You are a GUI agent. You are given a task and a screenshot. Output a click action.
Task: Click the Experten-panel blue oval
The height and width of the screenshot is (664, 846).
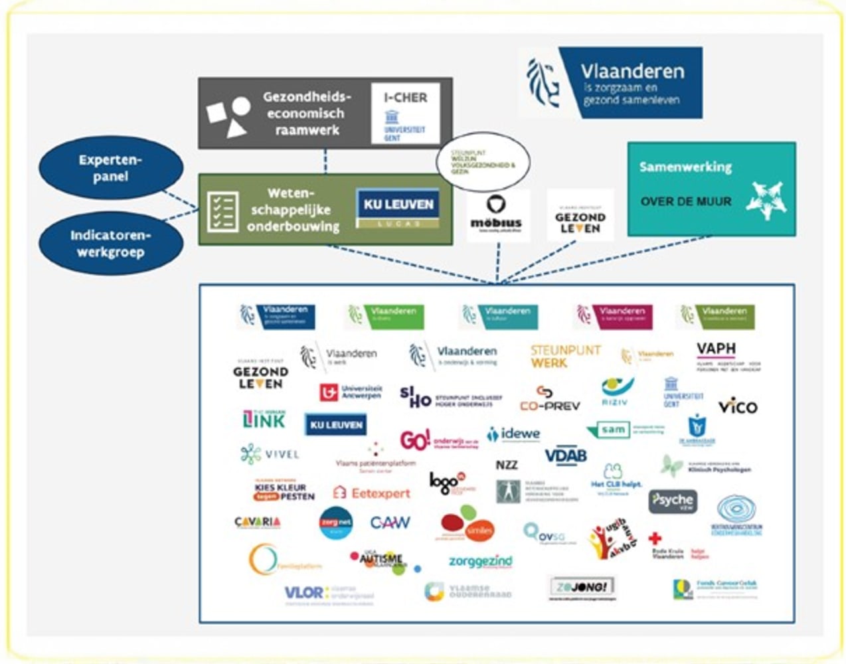(111, 168)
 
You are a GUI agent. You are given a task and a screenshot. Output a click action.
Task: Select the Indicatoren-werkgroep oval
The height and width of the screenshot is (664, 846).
(111, 244)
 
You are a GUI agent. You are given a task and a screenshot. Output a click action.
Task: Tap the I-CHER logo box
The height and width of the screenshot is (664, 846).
(405, 114)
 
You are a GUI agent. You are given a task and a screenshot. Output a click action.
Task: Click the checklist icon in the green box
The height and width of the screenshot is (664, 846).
(222, 211)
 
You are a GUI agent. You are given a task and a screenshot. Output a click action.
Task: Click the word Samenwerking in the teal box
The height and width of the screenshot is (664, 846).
(685, 167)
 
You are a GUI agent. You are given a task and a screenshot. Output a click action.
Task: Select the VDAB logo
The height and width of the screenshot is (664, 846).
(566, 456)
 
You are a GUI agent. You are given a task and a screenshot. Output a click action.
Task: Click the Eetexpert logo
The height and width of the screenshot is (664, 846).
(372, 493)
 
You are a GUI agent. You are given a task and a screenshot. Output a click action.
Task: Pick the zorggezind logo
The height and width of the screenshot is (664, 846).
(480, 562)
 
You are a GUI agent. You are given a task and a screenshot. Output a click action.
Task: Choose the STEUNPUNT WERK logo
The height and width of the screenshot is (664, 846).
(565, 357)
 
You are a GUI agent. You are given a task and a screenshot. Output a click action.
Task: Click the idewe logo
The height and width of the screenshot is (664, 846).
(513, 434)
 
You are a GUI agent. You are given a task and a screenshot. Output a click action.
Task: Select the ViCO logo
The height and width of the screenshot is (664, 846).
(737, 406)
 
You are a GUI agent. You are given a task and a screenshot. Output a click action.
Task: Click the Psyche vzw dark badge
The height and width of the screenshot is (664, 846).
(672, 501)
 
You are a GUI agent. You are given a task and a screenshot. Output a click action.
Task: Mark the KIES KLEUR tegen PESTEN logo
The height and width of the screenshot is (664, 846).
(284, 491)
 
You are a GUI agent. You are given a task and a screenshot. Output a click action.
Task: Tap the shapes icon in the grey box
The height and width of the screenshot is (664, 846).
(228, 116)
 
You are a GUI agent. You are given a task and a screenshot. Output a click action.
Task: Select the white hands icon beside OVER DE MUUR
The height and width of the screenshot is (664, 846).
(766, 200)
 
